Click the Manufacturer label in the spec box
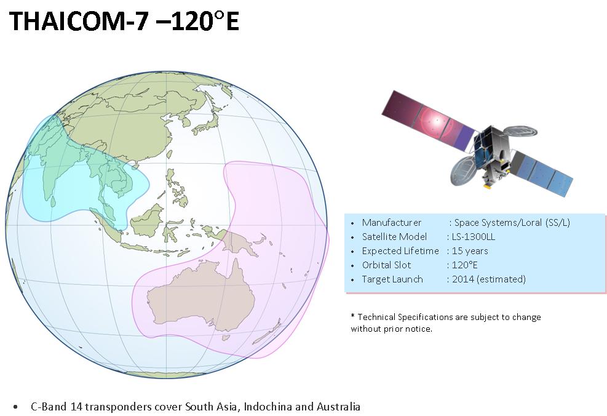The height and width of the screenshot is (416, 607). [x=391, y=223]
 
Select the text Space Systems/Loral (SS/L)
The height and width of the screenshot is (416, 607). [x=512, y=223]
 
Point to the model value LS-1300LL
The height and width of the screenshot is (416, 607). [x=474, y=237]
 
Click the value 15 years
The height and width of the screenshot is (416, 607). [x=470, y=251]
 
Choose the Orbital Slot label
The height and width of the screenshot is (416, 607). [x=386, y=265]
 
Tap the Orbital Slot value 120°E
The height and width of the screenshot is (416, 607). [x=464, y=265]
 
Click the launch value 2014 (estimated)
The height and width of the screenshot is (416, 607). [x=488, y=279]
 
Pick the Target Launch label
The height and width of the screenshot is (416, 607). [x=392, y=279]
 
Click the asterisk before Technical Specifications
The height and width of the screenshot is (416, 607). [x=352, y=316]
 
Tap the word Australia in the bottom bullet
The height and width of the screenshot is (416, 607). [x=338, y=407]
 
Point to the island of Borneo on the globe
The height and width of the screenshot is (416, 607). [x=147, y=221]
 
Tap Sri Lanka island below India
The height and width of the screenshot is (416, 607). [x=53, y=201]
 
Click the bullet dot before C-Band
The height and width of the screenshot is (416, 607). [x=15, y=407]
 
